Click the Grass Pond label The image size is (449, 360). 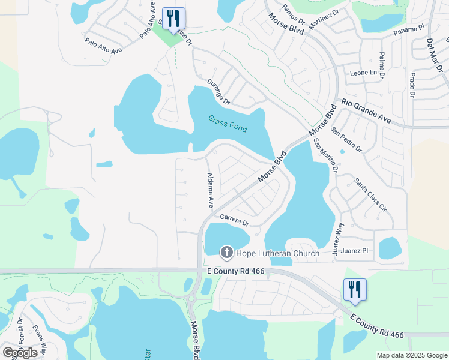228,124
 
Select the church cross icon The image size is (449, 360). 227,253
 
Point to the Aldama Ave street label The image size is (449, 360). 211,190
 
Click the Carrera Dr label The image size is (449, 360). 234,220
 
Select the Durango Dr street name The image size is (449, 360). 218,92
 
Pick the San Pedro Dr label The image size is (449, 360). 347,139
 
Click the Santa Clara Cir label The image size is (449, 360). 369,195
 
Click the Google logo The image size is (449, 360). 20,353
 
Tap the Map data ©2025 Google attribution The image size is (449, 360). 411,355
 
